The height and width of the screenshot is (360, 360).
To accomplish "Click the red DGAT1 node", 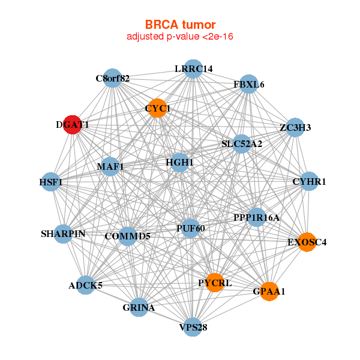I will coord(73,124).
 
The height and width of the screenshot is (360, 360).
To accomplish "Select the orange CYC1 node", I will coord(157,108).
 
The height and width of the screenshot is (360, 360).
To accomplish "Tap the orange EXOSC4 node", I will coord(307,242).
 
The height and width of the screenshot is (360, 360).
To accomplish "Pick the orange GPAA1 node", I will coord(269,291).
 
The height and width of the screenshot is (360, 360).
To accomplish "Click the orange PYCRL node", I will coord(215,282).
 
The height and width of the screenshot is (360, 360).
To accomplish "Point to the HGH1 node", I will coord(180,162).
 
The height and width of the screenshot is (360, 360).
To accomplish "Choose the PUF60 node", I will coord(190,228).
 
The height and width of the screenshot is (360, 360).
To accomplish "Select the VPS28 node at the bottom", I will coord(193,327).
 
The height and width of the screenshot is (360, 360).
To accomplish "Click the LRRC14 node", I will coord(193,68).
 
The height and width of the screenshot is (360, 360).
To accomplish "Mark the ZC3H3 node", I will coord(294,127).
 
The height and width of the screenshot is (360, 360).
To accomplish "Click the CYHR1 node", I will coord(308,181).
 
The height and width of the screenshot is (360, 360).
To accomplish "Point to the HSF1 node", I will coord(51,182).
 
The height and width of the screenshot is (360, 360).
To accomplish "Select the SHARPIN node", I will coord(64,233).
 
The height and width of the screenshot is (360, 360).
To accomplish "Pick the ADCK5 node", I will coord(86,285).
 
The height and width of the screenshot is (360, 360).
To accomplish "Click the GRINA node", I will coord(139,307).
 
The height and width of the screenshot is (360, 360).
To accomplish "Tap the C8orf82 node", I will coord(113,78).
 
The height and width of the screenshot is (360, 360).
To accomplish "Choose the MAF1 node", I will coord(110,166).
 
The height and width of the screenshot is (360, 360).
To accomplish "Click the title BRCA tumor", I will coord(180,25).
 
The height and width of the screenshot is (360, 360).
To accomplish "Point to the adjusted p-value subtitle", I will coord(180,37).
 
